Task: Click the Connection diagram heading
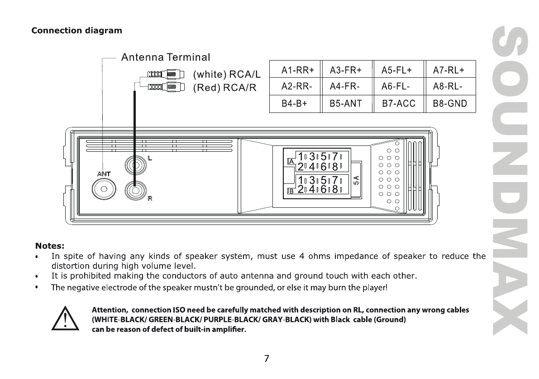click(76, 31)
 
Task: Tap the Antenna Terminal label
click(166, 58)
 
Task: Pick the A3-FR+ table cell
click(346, 70)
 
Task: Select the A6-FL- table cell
click(397, 86)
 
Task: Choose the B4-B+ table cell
click(294, 103)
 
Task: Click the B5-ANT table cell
click(346, 103)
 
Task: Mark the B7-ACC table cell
click(398, 103)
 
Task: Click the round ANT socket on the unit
click(104, 189)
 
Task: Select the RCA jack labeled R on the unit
click(135, 190)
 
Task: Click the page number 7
click(267, 359)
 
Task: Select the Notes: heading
click(50, 246)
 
